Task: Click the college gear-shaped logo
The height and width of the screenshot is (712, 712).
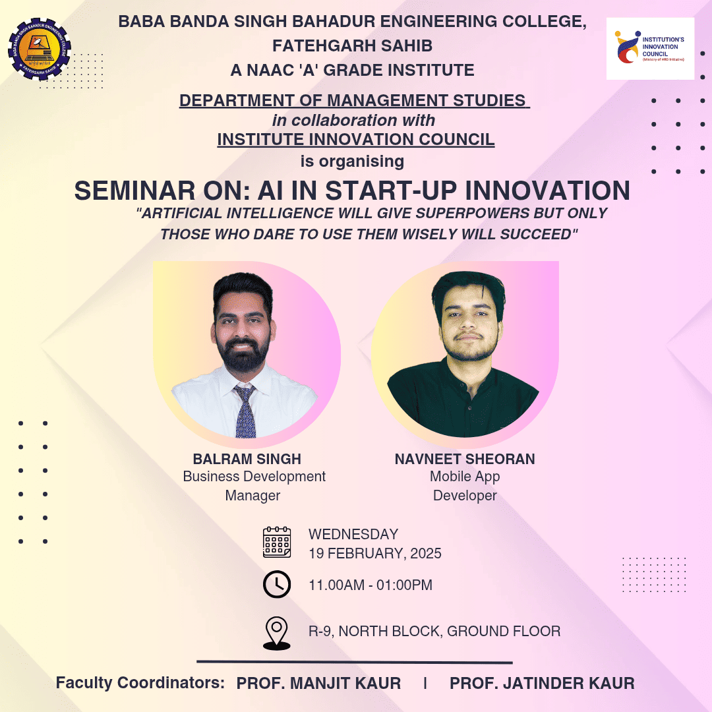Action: pos(40,49)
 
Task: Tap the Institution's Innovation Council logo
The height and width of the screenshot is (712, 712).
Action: pos(650,49)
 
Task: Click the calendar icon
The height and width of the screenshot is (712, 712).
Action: pos(277,542)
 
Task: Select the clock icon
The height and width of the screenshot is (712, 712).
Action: pos(277,584)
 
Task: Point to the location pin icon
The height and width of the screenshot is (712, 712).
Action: pos(276,633)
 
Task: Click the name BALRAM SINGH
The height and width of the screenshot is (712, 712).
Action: pos(247,459)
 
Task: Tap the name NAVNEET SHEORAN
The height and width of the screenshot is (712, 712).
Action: pos(465,459)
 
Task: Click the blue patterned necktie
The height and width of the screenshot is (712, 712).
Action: pos(245,411)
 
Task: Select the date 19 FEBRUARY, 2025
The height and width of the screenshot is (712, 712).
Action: pos(375,554)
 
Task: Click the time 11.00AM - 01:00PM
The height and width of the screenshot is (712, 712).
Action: pos(371,585)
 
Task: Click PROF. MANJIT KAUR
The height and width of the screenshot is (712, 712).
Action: pos(319,684)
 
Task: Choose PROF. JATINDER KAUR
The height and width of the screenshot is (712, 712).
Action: pos(542,684)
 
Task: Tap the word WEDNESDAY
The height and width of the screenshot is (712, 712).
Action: pos(353,534)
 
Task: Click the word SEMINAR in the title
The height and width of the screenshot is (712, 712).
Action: pos(135,191)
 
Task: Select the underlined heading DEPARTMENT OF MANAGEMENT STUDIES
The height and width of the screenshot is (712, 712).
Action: pos(355,100)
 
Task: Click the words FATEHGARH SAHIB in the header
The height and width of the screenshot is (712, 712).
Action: pos(352,46)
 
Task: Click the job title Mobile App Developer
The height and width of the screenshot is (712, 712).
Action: pos(465,486)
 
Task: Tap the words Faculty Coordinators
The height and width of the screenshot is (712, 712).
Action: pos(140,683)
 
